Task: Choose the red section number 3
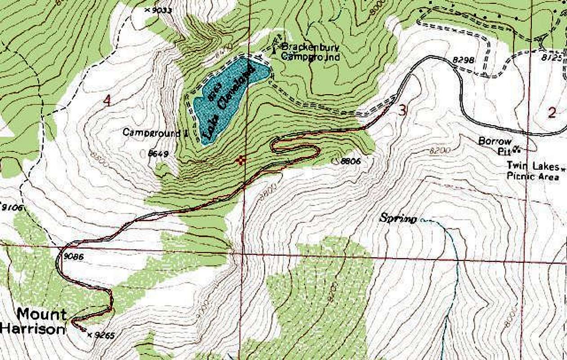tap(403, 110)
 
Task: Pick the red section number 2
tap(552, 112)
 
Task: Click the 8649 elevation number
tap(158, 154)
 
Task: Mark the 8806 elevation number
tap(350, 160)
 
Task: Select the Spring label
tap(398, 219)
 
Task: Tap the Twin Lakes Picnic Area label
tap(533, 171)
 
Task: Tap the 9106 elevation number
tap(11, 207)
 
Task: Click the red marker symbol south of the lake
tap(242, 159)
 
